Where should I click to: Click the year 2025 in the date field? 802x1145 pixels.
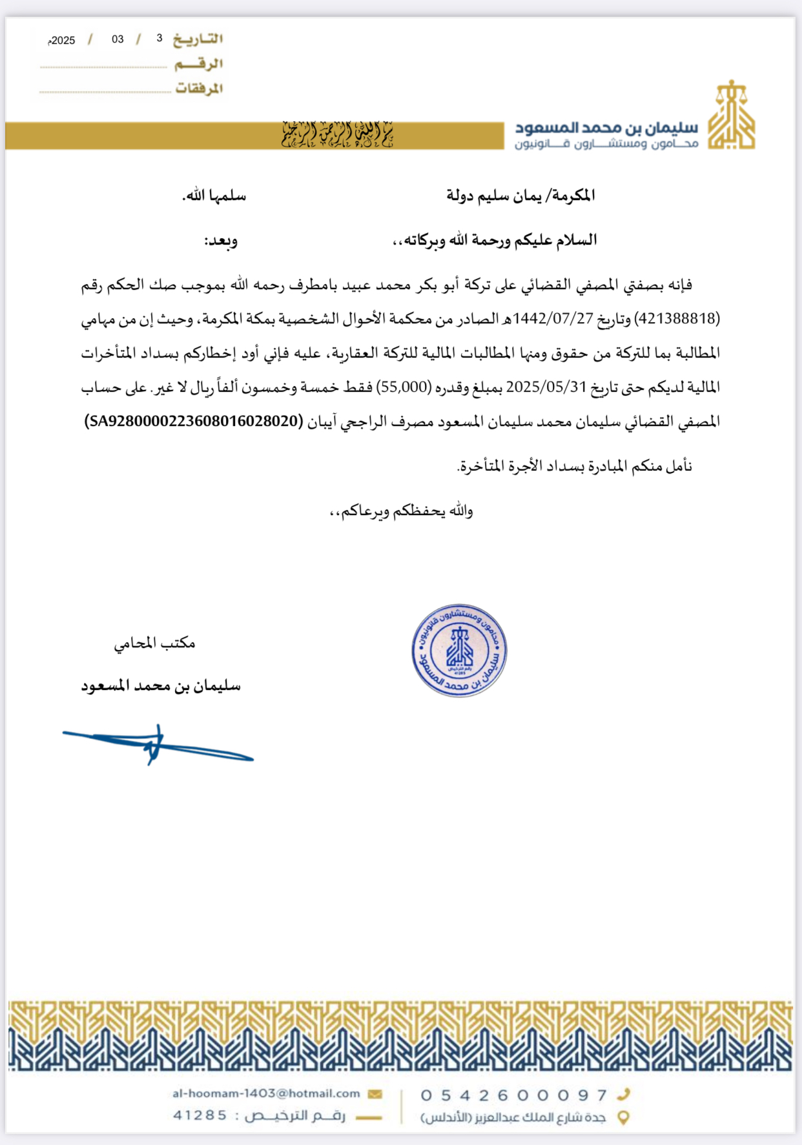63,41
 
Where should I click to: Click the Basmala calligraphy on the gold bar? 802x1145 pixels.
337,135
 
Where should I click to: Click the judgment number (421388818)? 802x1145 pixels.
678,319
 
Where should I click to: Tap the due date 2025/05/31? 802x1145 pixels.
546,387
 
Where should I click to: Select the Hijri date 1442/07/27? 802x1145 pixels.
553,319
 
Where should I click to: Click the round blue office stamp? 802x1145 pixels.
459,651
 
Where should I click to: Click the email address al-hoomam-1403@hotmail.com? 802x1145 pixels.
266,1093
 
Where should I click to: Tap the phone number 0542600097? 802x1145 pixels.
514,1095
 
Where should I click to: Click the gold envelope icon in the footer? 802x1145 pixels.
375,1094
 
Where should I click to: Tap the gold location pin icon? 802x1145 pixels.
623,1117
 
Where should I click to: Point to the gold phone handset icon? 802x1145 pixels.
623,1094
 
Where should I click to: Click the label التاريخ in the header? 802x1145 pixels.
198,39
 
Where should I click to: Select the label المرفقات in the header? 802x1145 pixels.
199,88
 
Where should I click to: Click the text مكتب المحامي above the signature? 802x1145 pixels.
155,643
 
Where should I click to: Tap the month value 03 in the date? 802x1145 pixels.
118,39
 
